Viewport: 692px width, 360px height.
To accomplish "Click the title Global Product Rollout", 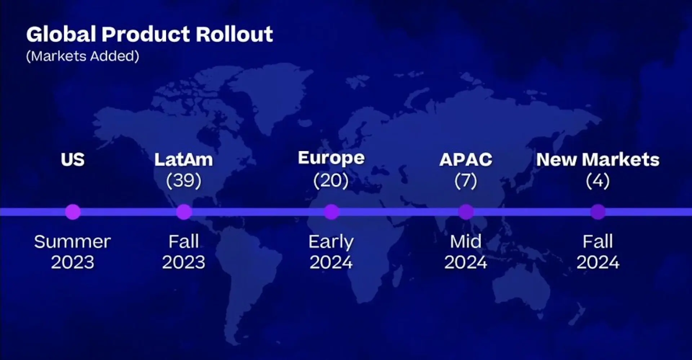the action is [150, 34].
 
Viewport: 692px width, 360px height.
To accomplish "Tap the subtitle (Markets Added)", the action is [83, 56].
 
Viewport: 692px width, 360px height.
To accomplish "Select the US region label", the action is [72, 160].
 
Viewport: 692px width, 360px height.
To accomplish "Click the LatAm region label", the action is [183, 160].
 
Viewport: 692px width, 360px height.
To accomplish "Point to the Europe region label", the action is [331, 159].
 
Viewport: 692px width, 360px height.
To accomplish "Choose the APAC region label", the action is [466, 160].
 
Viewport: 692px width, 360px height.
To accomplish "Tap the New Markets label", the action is [598, 160].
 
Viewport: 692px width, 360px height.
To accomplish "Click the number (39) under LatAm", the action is [184, 181].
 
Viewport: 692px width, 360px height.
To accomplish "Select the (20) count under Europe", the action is [331, 181].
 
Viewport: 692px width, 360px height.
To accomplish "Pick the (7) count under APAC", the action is [466, 181].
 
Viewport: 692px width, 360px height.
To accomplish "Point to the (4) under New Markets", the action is [598, 181].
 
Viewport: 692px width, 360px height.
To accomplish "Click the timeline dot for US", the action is [73, 212].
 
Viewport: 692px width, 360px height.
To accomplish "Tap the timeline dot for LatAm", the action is [184, 212].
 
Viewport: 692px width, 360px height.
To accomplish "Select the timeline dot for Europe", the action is [331, 212].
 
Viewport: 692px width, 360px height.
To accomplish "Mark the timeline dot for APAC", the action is [466, 212].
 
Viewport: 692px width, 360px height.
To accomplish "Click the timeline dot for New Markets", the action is [598, 212].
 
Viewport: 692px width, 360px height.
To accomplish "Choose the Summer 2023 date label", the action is [72, 252].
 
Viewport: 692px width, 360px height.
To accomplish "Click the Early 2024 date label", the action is [331, 252].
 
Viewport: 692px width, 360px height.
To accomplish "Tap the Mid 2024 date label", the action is [466, 252].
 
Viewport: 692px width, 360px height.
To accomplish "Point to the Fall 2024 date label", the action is [598, 252].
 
